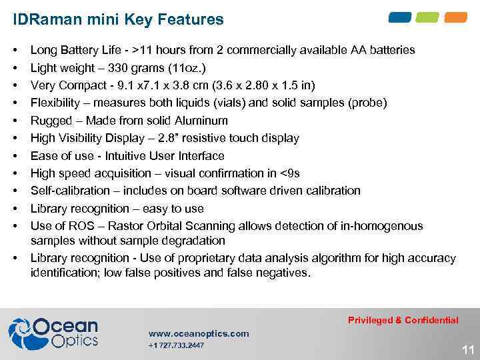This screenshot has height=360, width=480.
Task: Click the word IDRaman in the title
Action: (43, 20)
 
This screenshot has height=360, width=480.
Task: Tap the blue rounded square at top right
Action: (401, 17)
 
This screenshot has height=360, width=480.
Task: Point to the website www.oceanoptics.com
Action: (199, 333)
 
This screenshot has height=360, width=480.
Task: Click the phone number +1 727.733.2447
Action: (176, 345)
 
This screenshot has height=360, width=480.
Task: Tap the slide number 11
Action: (467, 349)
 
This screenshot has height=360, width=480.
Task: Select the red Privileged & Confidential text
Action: (403, 320)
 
